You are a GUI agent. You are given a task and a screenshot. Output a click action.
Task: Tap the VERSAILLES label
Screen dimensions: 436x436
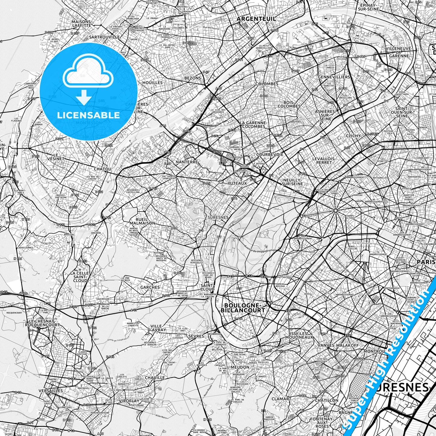pyautogui.click(x=51, y=390)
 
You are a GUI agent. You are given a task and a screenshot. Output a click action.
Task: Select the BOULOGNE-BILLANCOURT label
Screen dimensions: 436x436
pyautogui.click(x=243, y=307)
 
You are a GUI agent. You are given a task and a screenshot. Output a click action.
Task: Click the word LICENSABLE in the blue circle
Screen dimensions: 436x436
pyautogui.click(x=89, y=115)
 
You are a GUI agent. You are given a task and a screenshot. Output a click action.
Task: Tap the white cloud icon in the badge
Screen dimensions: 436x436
pyautogui.click(x=87, y=74)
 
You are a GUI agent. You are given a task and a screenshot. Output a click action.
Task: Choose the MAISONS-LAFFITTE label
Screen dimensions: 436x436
pyautogui.click(x=81, y=24)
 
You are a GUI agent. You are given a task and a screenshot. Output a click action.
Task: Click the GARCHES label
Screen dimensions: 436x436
pyautogui.click(x=150, y=287)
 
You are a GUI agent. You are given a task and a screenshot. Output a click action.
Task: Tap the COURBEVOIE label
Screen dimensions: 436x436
pyautogui.click(x=269, y=154)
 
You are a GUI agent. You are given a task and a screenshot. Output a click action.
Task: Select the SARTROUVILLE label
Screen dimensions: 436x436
pyautogui.click(x=104, y=37)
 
